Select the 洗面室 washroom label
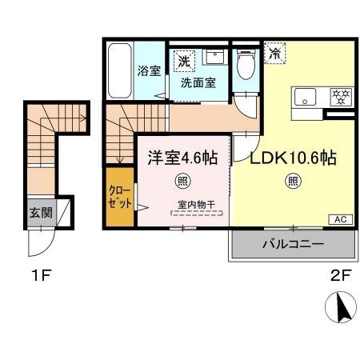click(x=197, y=82)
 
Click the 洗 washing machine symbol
click(x=184, y=61)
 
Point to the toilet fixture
click(x=246, y=64)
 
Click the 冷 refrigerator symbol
click(x=275, y=54)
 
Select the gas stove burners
click(x=340, y=97)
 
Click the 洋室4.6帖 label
click(x=181, y=157)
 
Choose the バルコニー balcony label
click(x=292, y=245)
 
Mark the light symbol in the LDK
click(x=292, y=181)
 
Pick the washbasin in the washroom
click(x=214, y=58)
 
